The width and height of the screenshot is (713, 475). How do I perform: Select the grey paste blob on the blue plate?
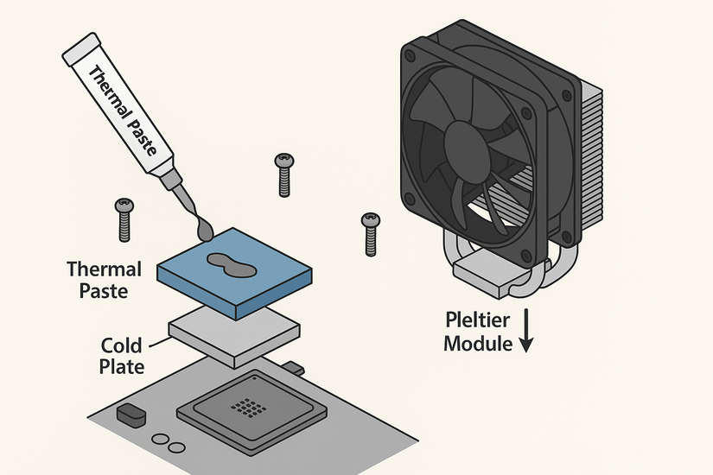pos(230,264)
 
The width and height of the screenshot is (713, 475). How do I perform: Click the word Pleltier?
pos(478,320)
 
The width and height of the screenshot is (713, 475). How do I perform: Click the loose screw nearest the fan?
pos(371,232)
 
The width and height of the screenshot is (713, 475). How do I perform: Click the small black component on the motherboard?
pos(131,415)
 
